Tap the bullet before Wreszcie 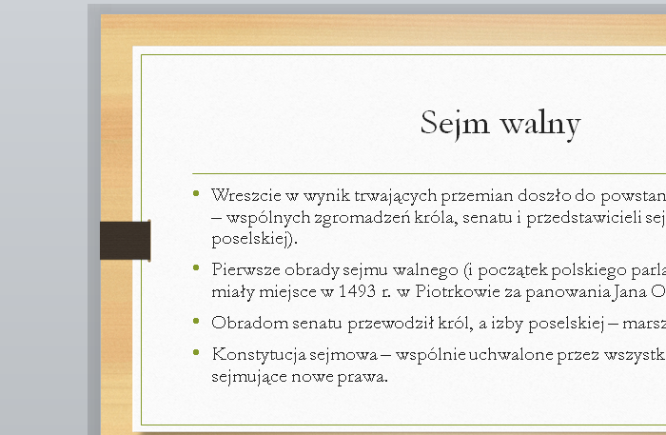click(x=197, y=194)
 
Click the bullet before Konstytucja click(x=197, y=353)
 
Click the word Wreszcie click(x=242, y=196)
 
